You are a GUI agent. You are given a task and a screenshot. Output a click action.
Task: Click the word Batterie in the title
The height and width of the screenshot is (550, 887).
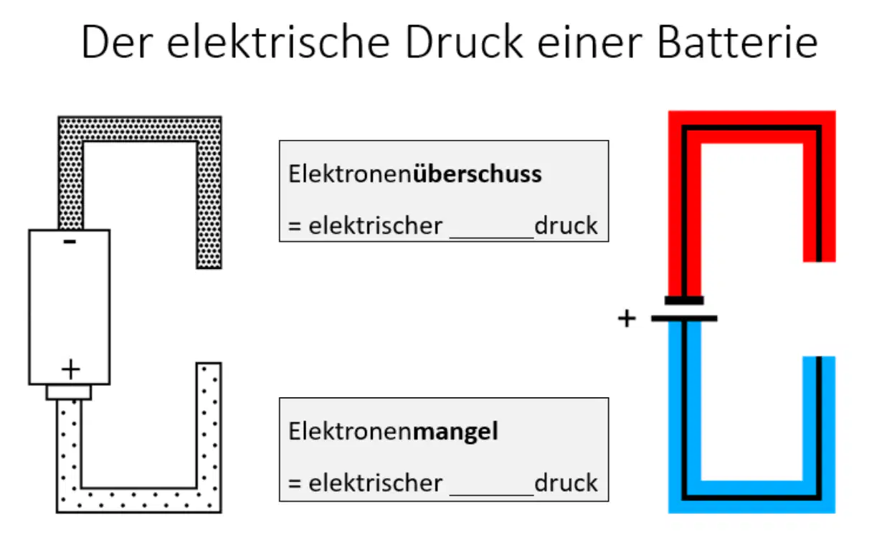point(737,42)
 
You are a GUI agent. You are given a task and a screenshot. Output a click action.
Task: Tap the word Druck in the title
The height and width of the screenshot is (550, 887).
point(464,42)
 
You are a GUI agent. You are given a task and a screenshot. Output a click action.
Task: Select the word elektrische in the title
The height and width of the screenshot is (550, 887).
point(278,42)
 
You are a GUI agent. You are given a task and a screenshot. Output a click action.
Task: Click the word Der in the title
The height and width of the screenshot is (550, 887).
point(117,42)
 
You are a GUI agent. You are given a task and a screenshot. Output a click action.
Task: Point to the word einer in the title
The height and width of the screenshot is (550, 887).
point(590,42)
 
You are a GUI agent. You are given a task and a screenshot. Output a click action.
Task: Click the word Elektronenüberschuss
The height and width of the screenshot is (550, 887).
point(414,174)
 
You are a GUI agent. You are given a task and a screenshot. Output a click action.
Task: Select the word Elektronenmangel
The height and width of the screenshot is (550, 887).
point(393,431)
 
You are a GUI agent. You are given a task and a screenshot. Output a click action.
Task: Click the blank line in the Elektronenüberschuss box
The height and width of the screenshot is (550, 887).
point(492,237)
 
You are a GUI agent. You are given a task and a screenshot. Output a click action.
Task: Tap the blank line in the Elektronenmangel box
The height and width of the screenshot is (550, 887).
point(492,495)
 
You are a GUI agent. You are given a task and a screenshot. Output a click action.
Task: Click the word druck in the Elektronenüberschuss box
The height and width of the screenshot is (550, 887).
point(566,226)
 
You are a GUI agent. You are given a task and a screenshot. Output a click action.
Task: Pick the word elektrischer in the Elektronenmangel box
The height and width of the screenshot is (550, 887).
point(376,483)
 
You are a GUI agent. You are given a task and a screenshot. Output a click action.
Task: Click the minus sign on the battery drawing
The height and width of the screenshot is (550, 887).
point(70,242)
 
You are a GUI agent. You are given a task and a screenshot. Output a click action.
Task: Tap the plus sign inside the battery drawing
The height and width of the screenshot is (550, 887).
point(71,369)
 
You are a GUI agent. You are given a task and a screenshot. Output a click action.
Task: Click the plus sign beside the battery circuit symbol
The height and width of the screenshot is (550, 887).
point(627,318)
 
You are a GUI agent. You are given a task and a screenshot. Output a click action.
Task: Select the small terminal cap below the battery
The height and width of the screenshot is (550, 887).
point(69,392)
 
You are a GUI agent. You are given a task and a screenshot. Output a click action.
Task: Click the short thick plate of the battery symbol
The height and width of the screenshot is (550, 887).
point(684,300)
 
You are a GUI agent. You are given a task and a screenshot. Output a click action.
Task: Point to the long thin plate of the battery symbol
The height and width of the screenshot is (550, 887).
point(684,318)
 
